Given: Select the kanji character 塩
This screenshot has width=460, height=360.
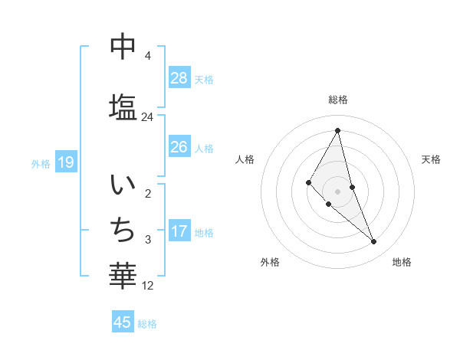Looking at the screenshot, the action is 123,106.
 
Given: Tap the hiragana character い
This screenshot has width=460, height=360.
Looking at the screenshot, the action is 123,185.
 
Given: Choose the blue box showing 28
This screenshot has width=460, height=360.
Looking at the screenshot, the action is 179,77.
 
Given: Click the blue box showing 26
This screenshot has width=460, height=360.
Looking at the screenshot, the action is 179,147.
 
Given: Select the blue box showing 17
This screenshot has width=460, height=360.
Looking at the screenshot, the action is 179,231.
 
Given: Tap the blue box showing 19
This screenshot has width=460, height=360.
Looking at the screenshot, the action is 65,162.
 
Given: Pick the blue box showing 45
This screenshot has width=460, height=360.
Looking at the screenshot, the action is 123,322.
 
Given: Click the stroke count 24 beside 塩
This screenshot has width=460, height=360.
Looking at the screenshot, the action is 147,117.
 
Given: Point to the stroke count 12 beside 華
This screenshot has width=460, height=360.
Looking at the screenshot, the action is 149,286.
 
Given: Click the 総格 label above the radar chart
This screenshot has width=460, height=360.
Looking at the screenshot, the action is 338,100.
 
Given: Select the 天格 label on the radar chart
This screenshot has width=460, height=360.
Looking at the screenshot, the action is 431,159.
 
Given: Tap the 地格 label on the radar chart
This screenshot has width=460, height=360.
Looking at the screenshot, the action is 402,262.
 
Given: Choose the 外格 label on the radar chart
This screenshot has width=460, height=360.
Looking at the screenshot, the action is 270,262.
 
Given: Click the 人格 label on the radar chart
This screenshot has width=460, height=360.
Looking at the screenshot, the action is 245,159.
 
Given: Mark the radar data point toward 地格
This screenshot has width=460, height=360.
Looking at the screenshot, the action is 374,242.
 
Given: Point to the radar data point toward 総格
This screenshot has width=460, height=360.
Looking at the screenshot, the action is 337,130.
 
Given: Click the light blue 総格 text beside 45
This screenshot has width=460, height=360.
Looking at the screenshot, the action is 147,324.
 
